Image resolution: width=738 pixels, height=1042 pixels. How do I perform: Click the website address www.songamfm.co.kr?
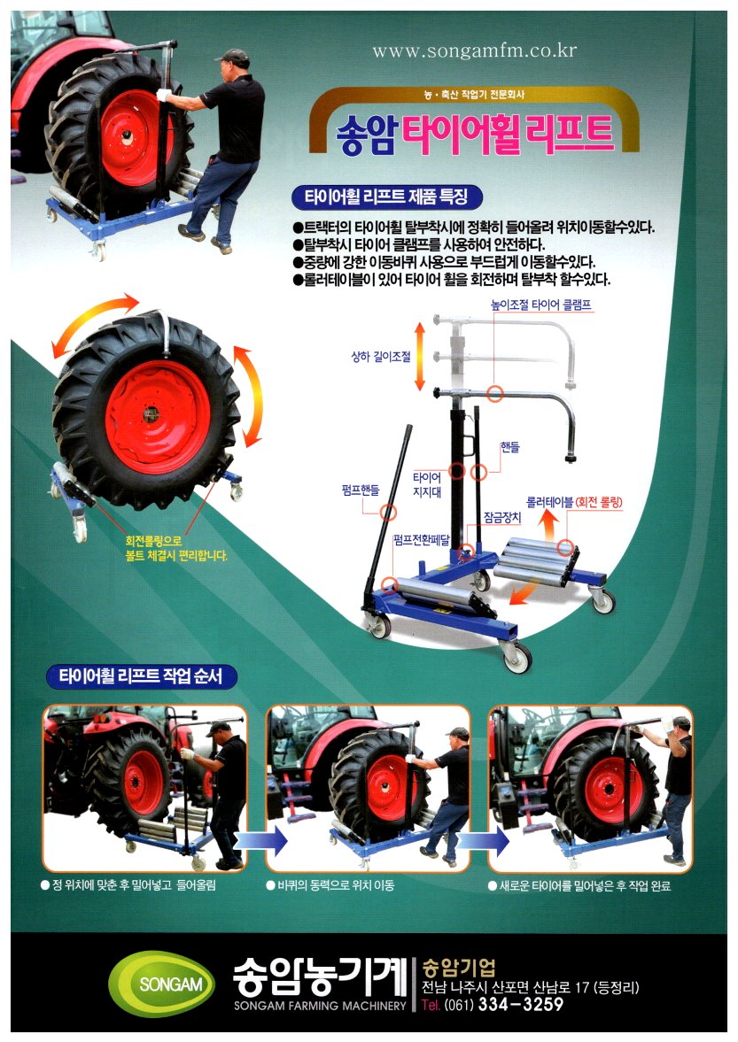474,50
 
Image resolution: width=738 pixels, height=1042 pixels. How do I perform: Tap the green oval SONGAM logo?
162,984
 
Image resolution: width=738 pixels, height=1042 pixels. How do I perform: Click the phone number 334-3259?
521,1003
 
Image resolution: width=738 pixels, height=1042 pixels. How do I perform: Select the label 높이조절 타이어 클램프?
540,305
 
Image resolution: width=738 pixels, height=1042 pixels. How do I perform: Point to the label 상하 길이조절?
381,357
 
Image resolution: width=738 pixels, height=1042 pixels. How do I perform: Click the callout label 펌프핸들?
361,490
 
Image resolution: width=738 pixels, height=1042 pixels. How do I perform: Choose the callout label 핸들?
509,447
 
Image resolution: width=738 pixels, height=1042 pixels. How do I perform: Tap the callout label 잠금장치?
502,518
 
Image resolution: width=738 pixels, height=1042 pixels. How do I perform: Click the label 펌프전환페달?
422,539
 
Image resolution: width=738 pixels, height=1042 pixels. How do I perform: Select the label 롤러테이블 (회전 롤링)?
574,502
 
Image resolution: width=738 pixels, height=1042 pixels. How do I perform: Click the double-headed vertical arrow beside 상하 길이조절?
420,356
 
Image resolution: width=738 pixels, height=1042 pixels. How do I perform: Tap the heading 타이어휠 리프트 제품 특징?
386,197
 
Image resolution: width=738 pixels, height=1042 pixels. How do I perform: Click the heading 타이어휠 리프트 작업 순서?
141,676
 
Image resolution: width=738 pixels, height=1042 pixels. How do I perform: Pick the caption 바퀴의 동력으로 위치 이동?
330,885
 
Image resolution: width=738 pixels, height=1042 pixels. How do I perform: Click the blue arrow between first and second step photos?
260,840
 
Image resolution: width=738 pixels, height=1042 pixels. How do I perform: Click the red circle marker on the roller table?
565,548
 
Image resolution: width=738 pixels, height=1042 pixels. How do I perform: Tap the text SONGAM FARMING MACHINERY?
320,1006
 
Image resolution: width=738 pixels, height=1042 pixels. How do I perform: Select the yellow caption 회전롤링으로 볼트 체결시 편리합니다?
176,548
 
